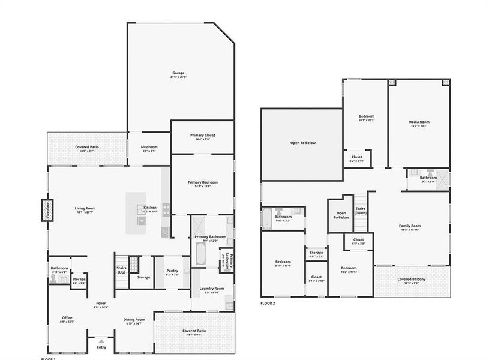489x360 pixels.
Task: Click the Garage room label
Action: [x=178, y=73]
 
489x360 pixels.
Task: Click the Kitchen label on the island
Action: [x=150, y=208]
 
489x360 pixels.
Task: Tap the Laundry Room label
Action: [x=211, y=289]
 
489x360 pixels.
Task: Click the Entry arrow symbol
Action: [x=101, y=341]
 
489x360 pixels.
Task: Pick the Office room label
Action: [x=67, y=318]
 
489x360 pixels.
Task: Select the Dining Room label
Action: [x=134, y=320]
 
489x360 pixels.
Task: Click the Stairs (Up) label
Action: [x=121, y=271]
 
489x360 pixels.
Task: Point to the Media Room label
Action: [x=419, y=122]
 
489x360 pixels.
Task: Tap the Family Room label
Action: [x=410, y=226]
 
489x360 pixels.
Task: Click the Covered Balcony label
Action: [x=412, y=279]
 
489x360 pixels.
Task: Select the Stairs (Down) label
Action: [x=360, y=211]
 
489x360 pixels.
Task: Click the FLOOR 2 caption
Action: [x=268, y=304]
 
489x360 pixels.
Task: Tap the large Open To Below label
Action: [x=303, y=143]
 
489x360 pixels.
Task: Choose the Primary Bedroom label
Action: [x=202, y=182]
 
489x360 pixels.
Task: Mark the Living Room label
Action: [x=85, y=208]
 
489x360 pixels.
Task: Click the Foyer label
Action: [x=101, y=304]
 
